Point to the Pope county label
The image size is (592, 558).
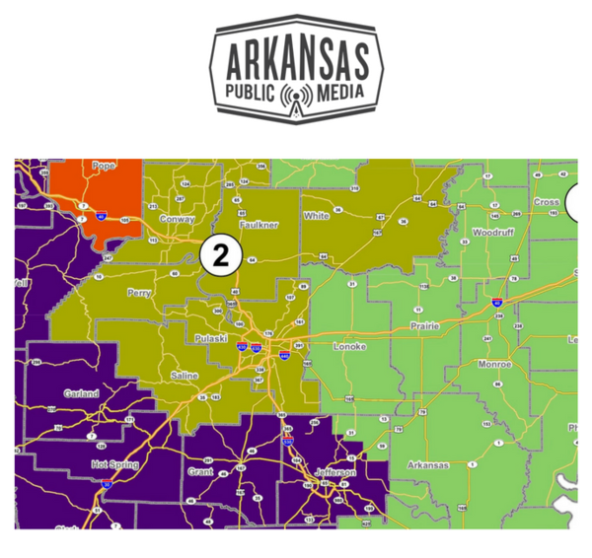(104, 166)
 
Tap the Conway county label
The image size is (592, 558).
(177, 219)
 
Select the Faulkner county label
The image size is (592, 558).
(260, 225)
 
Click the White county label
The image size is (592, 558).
(317, 215)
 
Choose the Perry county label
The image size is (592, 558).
(139, 293)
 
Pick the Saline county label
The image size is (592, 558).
(184, 376)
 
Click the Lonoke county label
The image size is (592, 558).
(349, 348)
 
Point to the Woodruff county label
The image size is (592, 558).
(491, 233)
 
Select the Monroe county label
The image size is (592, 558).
(493, 364)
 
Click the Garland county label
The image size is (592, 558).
(81, 393)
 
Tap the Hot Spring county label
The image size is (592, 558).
(111, 463)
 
